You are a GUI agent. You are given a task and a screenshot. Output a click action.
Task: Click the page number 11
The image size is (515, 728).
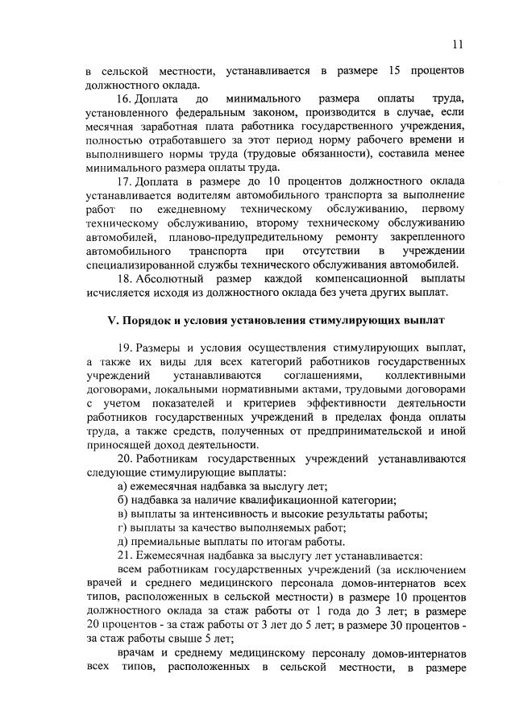pyautogui.click(x=457, y=44)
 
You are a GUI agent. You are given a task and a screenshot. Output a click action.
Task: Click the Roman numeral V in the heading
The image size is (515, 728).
pyautogui.click(x=113, y=320)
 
